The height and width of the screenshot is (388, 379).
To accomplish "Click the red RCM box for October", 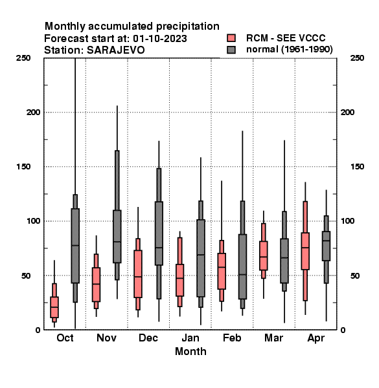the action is pos(54,307).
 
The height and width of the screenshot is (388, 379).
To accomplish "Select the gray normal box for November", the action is pos(117,237).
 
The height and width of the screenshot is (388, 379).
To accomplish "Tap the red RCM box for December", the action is pos(138,274).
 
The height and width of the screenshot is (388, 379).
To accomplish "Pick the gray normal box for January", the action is pos(201,258).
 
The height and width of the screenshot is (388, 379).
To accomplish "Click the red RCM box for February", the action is pos(222,271).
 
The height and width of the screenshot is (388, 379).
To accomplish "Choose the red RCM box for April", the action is pos(305,251).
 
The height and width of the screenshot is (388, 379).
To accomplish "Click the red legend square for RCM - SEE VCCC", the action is pos(231,38).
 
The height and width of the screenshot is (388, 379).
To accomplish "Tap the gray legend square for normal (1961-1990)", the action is pos(231,50).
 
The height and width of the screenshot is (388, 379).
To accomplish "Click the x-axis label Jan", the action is pos(190,338).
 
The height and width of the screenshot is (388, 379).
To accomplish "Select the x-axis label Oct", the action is pos(65,338).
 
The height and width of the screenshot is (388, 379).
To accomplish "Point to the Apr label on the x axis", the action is pos(316,338).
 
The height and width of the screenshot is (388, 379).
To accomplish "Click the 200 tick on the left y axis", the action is pos(33,113).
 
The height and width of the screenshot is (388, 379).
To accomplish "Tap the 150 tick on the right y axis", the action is pos(357,167).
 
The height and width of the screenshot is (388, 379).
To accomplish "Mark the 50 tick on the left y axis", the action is pos(26,275).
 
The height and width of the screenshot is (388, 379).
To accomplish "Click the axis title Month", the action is pos(190,352).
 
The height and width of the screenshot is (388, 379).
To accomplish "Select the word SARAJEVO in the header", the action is pos(116,50).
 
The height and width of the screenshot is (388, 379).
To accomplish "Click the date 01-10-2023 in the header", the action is pos(160,39).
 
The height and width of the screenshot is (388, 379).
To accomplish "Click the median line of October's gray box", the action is pos(75,246).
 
